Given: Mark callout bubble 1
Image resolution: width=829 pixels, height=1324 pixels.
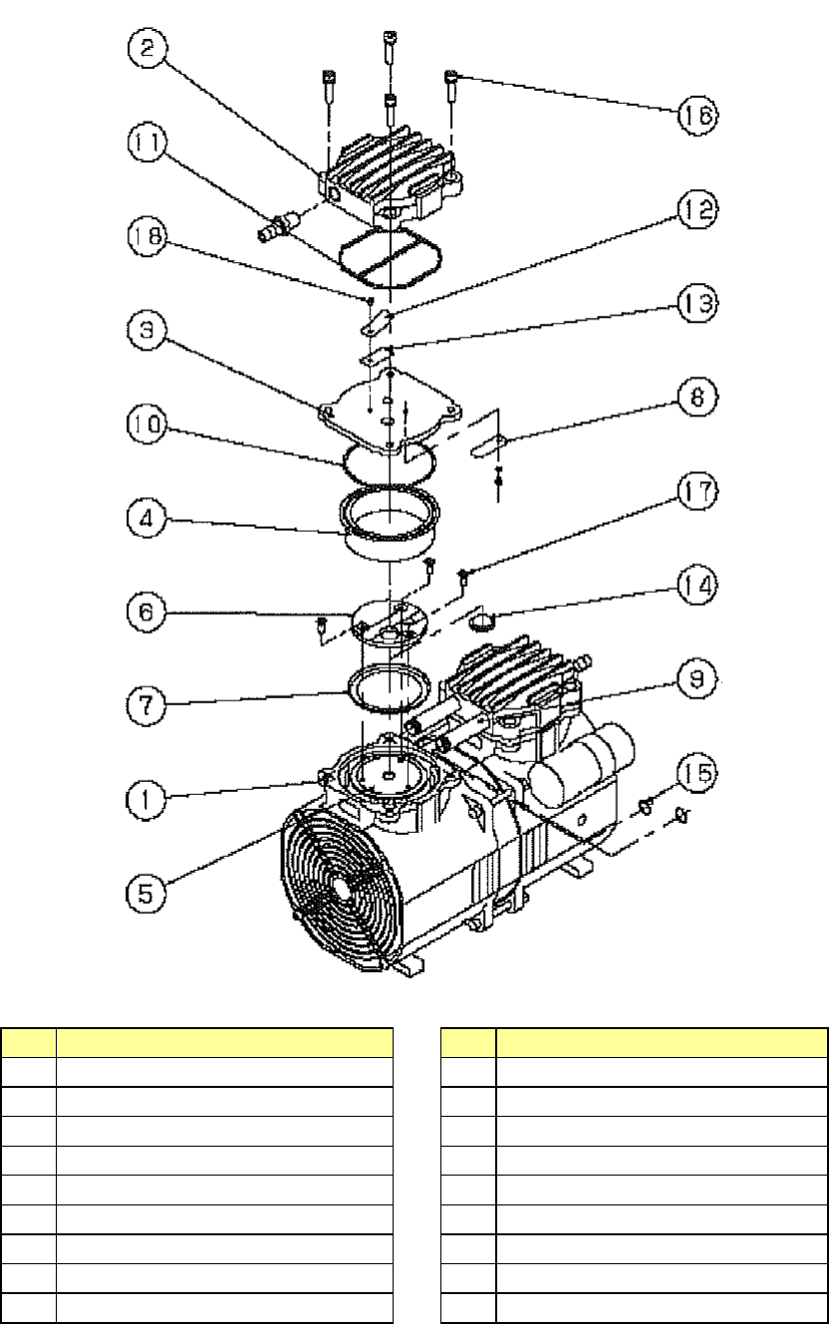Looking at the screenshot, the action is [146, 797].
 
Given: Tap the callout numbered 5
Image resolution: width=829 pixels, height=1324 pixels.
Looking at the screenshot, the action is [146, 880].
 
